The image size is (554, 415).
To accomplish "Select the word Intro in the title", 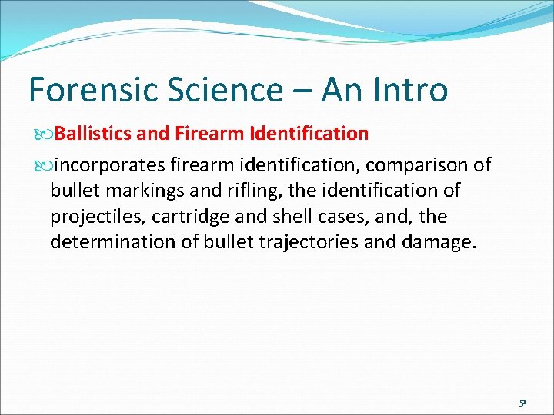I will (x=407, y=90).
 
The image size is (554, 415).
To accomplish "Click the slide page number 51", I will (x=522, y=401).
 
